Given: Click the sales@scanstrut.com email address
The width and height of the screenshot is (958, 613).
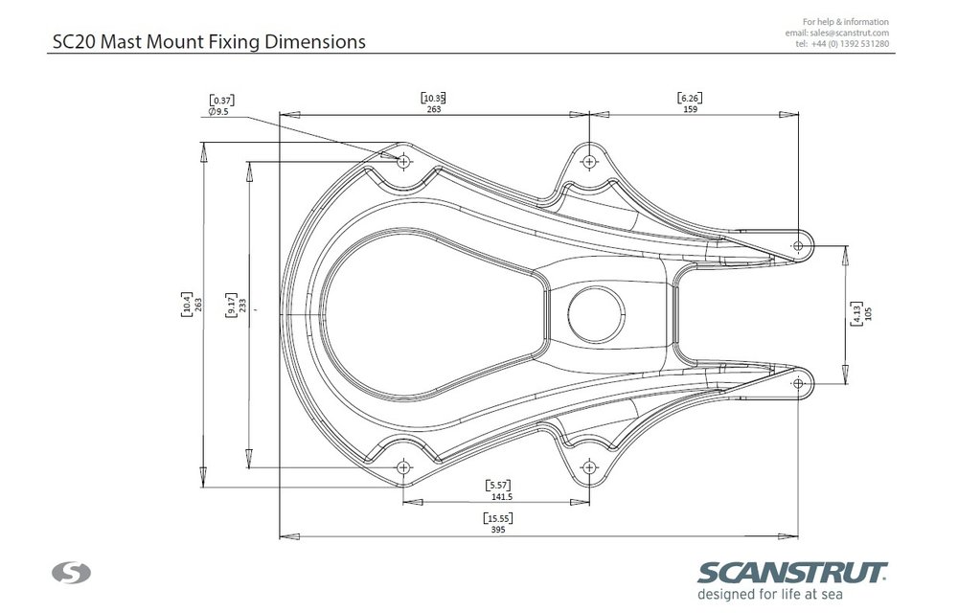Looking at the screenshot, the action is [849, 33].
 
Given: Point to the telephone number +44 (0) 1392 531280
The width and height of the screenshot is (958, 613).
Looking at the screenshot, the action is [850, 44].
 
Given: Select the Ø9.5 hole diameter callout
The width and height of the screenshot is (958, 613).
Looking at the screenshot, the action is [218, 112].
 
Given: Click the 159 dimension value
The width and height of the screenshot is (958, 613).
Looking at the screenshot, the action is [690, 109].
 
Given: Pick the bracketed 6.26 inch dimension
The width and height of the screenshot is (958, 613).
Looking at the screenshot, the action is [690, 98].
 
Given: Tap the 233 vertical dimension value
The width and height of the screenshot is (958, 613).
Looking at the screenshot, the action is [242, 306].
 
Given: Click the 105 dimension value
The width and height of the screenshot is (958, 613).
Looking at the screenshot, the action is [869, 313].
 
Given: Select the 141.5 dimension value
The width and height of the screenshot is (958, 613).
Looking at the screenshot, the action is [502, 497].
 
